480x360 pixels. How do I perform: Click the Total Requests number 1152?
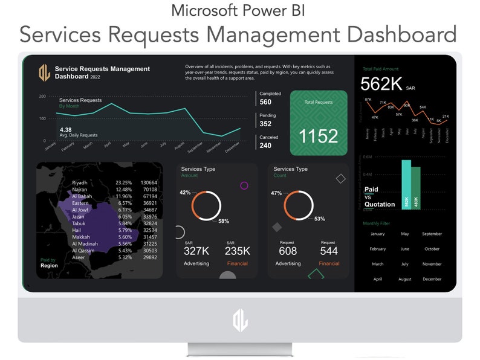click(x=319, y=136)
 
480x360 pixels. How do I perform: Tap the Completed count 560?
click(x=265, y=102)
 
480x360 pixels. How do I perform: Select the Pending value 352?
click(x=265, y=124)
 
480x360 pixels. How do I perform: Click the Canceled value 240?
click(x=265, y=146)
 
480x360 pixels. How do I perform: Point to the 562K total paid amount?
click(x=381, y=85)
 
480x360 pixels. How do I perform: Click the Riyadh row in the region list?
click(x=80, y=182)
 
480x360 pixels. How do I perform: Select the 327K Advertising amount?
click(x=196, y=251)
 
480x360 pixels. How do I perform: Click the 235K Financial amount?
click(x=237, y=251)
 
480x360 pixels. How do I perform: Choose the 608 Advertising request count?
click(x=288, y=251)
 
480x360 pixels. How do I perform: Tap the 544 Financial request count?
click(x=328, y=251)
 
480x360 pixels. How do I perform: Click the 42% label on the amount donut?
click(x=185, y=193)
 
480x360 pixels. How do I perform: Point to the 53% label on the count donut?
click(x=320, y=219)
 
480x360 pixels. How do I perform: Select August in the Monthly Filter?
click(x=405, y=279)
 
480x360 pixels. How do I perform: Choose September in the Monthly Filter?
click(x=432, y=234)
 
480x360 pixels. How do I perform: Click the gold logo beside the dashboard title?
click(x=44, y=73)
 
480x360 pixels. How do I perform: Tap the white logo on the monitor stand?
click(x=240, y=320)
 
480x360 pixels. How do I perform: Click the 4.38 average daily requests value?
click(x=66, y=129)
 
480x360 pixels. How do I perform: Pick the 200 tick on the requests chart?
click(x=42, y=96)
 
